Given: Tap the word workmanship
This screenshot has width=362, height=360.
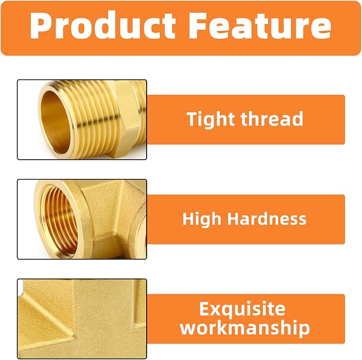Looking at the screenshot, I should (x=245, y=328).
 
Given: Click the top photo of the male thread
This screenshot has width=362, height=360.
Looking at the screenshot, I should (x=82, y=119).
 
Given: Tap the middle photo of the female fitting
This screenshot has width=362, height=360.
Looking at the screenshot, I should (x=82, y=219).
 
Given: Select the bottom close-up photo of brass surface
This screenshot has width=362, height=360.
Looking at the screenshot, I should (x=82, y=318).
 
